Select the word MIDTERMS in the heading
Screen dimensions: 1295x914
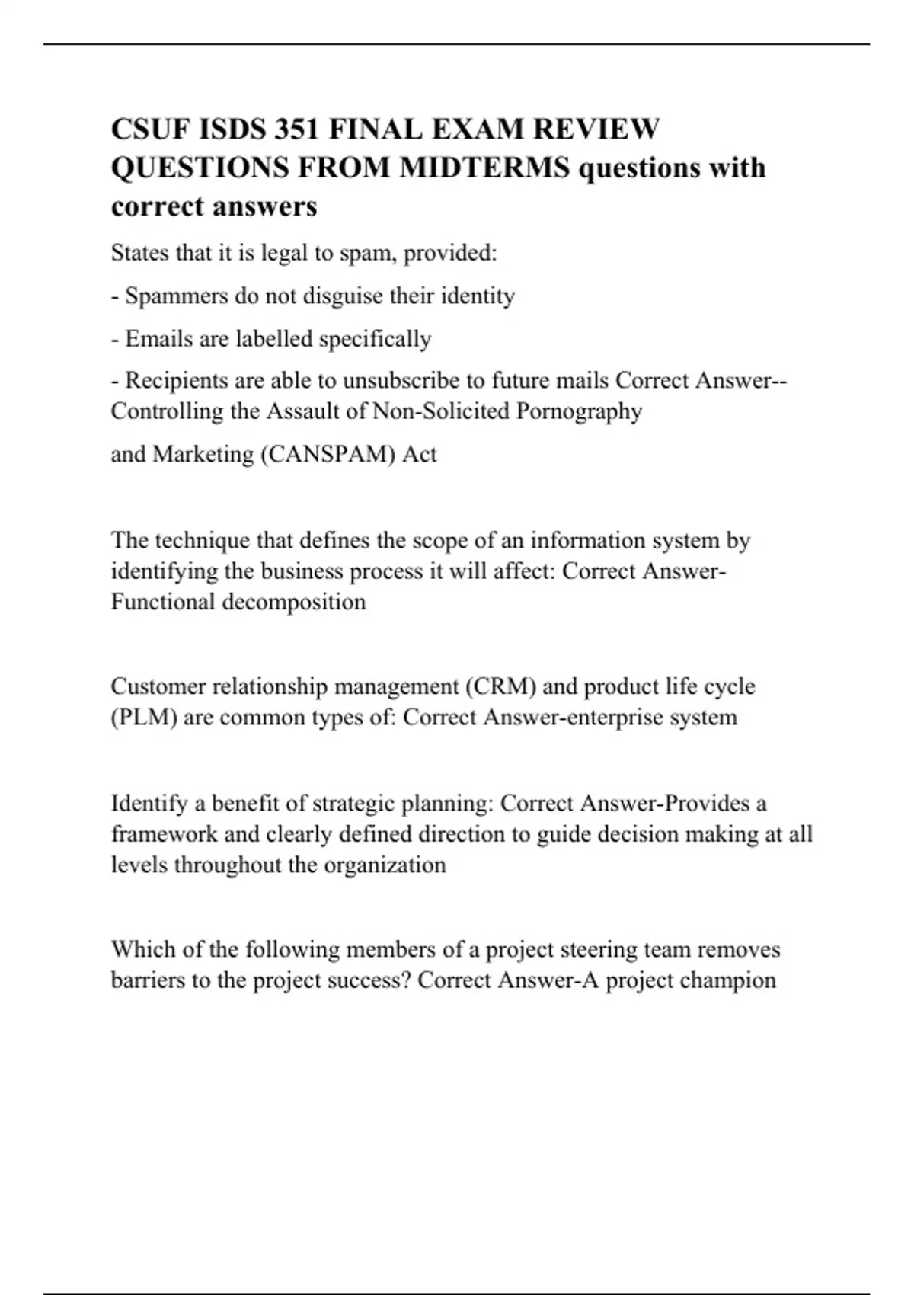tap(484, 168)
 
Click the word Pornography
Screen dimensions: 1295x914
tap(579, 411)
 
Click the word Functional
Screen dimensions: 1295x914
tap(163, 602)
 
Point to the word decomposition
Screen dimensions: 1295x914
tap(294, 602)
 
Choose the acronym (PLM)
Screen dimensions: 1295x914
tap(144, 718)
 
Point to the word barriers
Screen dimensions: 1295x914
tap(148, 980)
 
